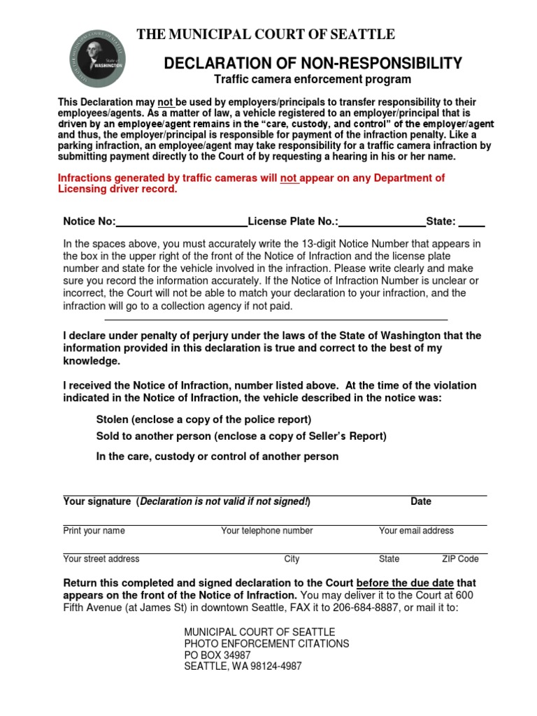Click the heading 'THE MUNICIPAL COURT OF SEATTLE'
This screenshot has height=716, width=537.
(265, 34)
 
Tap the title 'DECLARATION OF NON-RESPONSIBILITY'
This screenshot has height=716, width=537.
(313, 64)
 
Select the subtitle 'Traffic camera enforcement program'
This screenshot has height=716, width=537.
(313, 80)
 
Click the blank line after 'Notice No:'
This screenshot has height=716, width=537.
(181, 222)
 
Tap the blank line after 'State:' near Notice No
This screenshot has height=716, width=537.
(472, 222)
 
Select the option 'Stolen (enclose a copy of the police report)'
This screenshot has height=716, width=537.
(203, 420)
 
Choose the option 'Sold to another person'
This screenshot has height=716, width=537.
(241, 436)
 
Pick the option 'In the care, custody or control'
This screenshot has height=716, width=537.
(217, 457)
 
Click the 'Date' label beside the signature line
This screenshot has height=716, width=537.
(421, 501)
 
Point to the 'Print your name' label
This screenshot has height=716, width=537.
(94, 531)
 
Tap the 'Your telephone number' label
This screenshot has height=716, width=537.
(266, 531)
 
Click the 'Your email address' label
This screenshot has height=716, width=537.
(416, 531)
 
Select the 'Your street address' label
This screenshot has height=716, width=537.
(101, 559)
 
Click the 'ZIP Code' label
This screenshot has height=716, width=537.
(460, 559)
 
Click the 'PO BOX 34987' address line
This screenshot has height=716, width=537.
(217, 655)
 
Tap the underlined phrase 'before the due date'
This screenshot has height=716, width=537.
(405, 582)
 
